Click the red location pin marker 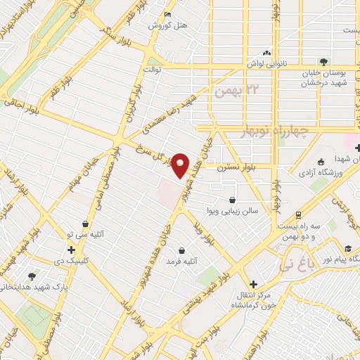click(181, 165)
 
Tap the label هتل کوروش click(169, 25)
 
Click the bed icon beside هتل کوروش click(167, 14)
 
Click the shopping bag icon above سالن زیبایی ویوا click(232, 199)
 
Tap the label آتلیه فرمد click(182, 262)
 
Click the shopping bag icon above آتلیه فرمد click(182, 250)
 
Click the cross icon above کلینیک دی click(71, 250)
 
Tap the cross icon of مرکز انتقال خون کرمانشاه click(253, 284)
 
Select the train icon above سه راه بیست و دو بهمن click(298, 214)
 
